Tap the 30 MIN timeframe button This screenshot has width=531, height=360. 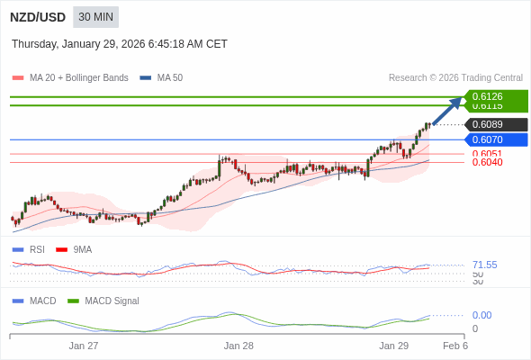click(95, 17)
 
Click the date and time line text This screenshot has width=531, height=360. click(120, 44)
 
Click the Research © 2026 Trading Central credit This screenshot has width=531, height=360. click(455, 77)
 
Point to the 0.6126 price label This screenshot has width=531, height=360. click(488, 96)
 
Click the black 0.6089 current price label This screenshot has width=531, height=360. click(488, 124)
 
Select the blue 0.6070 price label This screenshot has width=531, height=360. click(488, 139)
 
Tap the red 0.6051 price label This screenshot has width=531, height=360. click(487, 154)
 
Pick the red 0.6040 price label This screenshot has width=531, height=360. click(487, 162)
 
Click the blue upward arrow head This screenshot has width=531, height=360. click(459, 101)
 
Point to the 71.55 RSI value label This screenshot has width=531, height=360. click(484, 265)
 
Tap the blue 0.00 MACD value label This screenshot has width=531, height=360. click(481, 315)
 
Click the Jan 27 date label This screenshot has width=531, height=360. click(84, 346)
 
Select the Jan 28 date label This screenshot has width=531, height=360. click(238, 346)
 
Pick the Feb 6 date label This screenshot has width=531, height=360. click(454, 346)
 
